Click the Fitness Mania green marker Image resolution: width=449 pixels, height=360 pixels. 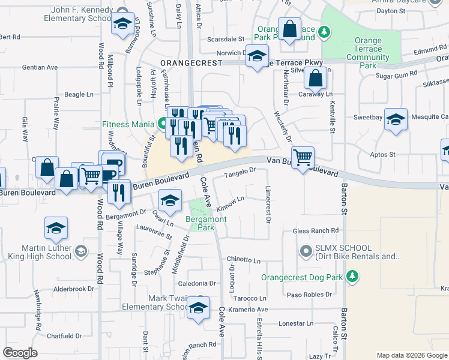pos(162,125)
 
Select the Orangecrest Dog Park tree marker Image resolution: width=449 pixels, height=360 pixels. pos(354,277)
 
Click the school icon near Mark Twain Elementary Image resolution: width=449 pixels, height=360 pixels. pos(198,307)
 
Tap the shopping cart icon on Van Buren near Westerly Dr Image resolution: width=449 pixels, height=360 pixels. pos(303,157)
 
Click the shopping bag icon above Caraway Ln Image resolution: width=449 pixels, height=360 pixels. pos(315,77)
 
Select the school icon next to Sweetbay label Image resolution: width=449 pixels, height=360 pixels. pos(396,119)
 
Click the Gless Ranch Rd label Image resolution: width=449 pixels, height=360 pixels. pos(316,230)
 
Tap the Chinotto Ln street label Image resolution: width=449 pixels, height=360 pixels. pos(243,260)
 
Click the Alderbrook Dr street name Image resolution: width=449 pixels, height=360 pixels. pos(75,289)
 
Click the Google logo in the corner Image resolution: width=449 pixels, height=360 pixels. pos(20,352)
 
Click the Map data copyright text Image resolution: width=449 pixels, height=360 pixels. pos(411,355)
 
